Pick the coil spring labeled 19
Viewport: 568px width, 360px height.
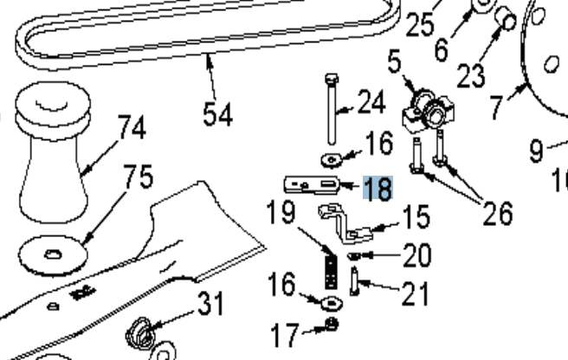coord(329,267)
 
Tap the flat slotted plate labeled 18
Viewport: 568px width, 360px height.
coord(312,186)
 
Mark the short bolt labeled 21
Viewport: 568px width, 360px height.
coord(356,281)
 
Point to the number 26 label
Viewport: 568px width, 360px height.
coord(498,212)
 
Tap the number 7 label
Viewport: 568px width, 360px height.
coord(496,107)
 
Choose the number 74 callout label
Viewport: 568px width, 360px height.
coord(132,129)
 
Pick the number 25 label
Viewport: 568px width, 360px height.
coord(421,25)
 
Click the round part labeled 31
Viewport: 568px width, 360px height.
coord(141,332)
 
